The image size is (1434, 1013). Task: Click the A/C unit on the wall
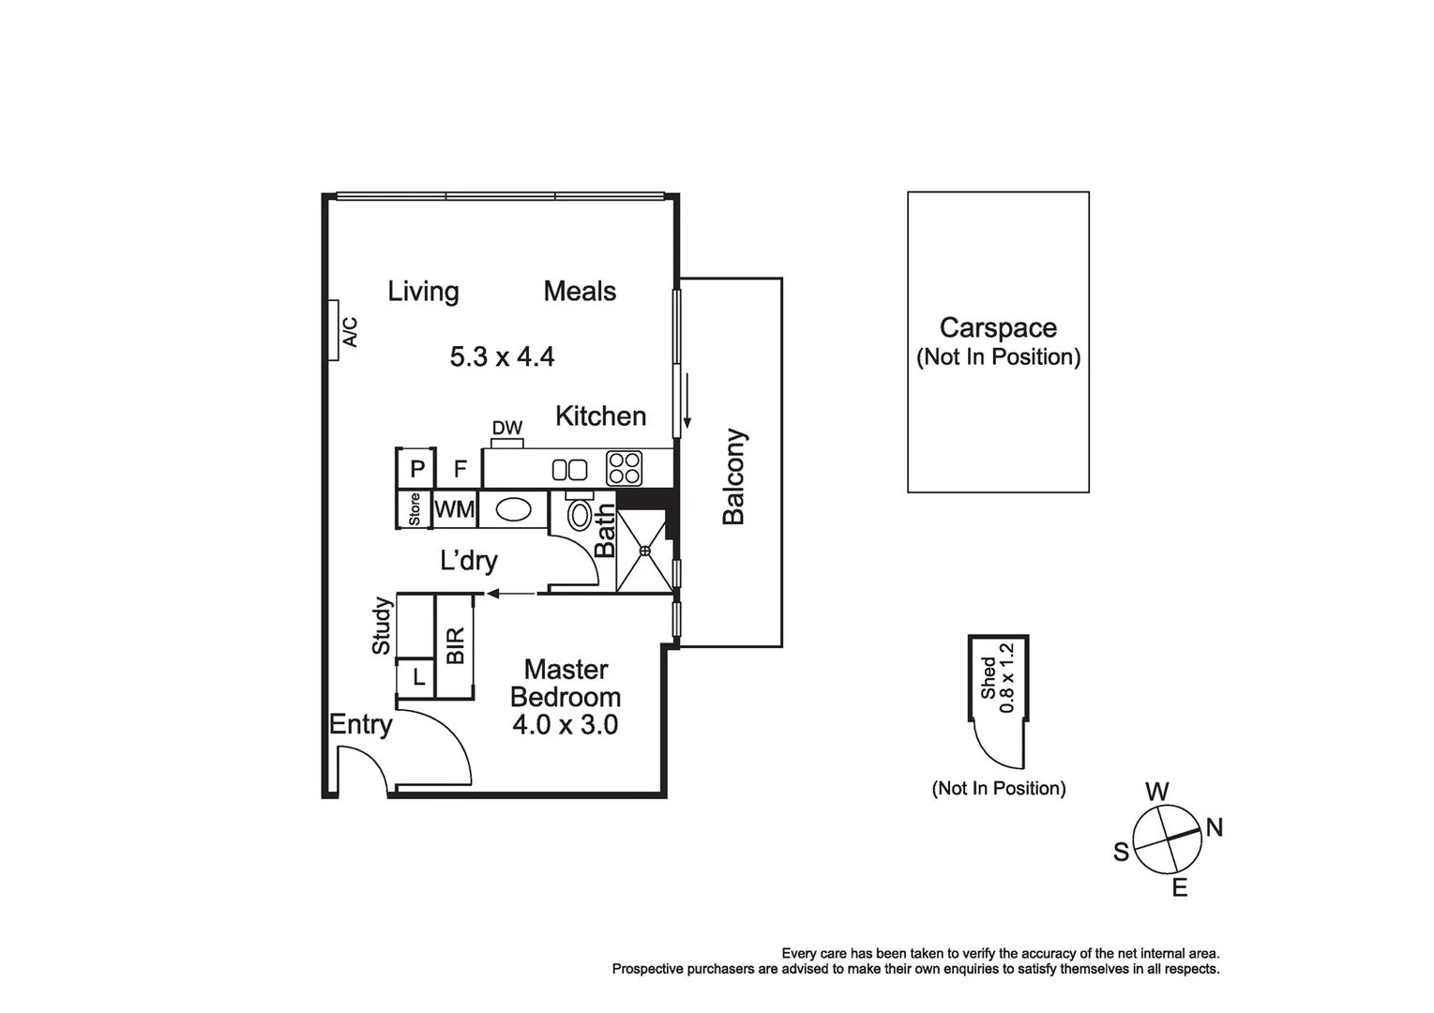pos(334,330)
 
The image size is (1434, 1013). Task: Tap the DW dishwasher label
pos(506,429)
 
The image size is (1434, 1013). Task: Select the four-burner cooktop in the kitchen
pos(624,468)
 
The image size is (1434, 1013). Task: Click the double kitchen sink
pos(569,470)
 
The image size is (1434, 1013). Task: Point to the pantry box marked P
pos(417,469)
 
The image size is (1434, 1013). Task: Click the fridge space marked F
pos(460,469)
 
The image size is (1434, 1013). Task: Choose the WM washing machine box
pos(455,509)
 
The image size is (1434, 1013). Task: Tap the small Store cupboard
pos(414,509)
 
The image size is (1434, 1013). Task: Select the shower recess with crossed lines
pos(645,552)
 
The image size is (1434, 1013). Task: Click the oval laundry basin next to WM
pos(513,509)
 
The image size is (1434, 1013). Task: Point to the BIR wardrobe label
pos(456,645)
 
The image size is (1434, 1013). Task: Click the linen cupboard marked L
pos(418,677)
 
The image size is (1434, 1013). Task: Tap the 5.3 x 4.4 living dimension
pos(502,357)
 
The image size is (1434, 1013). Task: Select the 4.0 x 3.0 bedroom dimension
pos(565,725)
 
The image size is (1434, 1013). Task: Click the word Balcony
pos(733,476)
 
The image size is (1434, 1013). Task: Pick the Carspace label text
pos(998,328)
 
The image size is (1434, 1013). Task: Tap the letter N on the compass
pos(1214,828)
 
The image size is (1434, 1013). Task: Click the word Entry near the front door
pos(360,725)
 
